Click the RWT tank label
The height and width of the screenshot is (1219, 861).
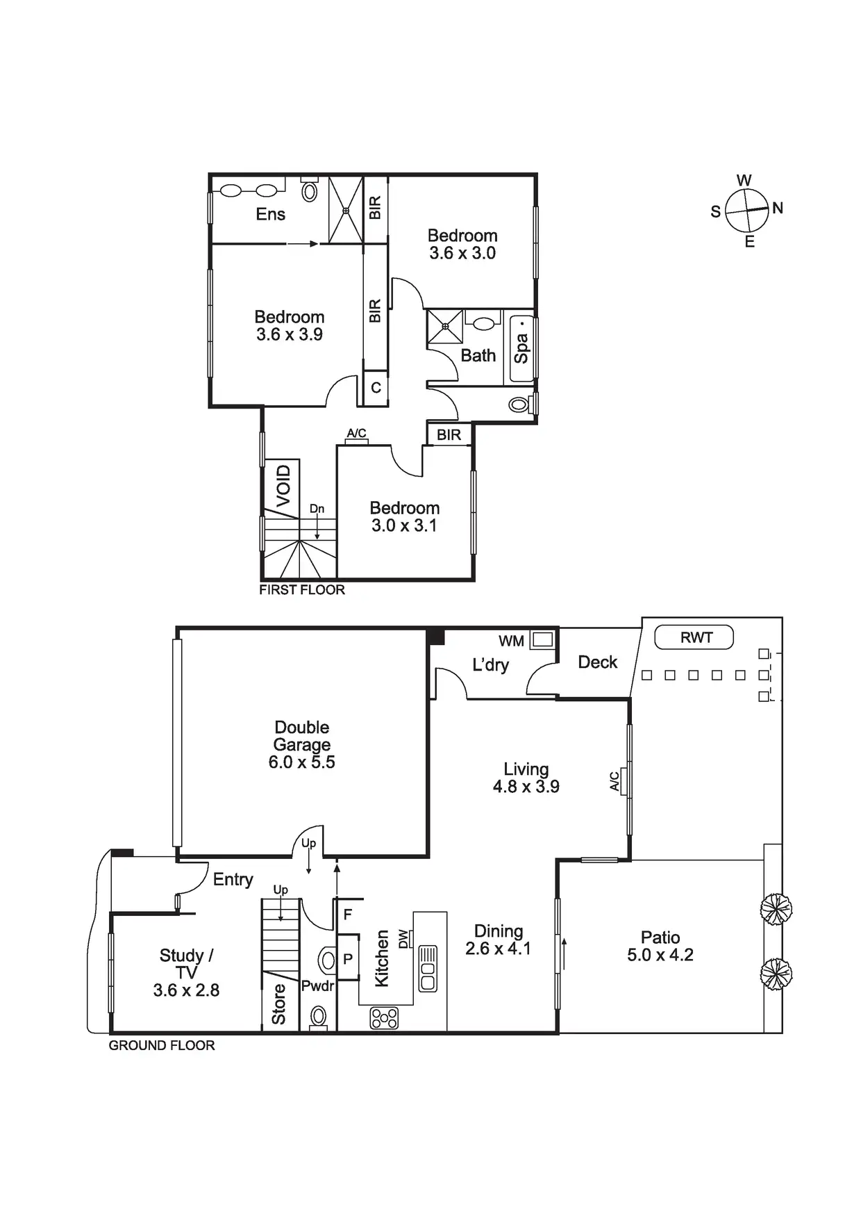pos(696,637)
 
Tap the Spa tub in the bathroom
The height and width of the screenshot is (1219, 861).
pos(521,349)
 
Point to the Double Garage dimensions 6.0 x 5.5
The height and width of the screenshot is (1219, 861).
pos(301,762)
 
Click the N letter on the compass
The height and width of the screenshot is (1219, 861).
pos(778,208)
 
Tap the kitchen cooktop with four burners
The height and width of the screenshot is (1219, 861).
pos(384,1018)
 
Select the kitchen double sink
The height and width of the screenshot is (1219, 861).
pos(427,969)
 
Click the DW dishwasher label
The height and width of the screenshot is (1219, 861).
pos(403,938)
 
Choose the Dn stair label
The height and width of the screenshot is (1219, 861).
pos(317,509)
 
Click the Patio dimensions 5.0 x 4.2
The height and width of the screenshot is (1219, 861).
pos(660,955)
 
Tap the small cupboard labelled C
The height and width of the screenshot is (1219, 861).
pos(376,388)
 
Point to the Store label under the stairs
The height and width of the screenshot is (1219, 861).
pos(278,1004)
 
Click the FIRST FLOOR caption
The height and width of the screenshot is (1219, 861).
pos(302,590)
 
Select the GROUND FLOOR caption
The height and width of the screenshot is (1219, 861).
pos(162,1045)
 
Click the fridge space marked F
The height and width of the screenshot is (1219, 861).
pos(348,915)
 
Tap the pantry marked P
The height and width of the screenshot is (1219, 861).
pos(348,959)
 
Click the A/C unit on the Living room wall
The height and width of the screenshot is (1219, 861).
pos(624,781)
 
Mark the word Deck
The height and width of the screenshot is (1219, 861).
pos(597,662)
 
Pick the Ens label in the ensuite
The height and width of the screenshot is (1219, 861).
pos(270,214)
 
